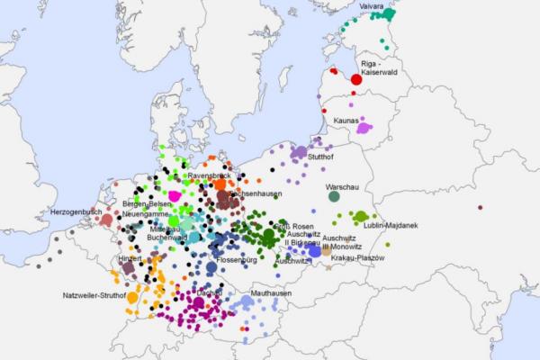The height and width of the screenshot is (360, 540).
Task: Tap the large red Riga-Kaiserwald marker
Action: (x=356, y=79)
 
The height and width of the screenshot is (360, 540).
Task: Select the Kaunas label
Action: (x=346, y=120)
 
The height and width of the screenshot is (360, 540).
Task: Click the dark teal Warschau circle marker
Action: (x=334, y=196)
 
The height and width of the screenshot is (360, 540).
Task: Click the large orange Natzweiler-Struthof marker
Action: (x=132, y=297)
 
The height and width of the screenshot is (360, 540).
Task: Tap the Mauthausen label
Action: (x=271, y=293)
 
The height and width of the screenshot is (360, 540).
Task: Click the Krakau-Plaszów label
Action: (x=357, y=257)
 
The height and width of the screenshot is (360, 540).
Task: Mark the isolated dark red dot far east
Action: (x=480, y=208)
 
